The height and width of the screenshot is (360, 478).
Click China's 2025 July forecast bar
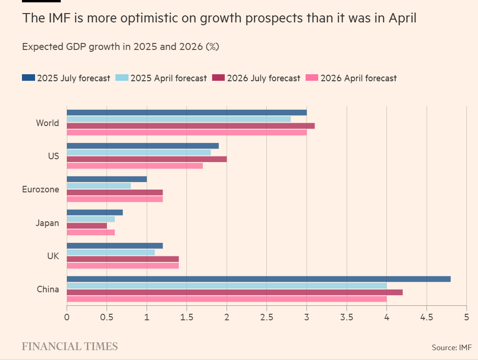click(x=258, y=279)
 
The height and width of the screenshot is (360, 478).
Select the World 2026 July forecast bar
click(x=191, y=126)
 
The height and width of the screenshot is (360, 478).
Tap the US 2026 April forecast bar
click(x=135, y=166)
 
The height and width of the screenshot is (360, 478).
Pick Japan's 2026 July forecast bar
click(x=87, y=226)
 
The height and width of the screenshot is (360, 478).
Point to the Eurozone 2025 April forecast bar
click(x=99, y=186)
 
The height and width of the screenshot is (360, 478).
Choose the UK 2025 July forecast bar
click(x=114, y=246)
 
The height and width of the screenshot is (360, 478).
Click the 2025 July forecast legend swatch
click(x=28, y=78)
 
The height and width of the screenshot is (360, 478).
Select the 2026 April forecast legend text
click(x=358, y=78)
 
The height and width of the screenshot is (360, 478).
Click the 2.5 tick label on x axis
click(x=266, y=317)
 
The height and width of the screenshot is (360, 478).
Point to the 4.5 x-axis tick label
click(x=426, y=317)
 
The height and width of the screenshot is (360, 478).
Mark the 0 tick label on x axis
click(x=67, y=317)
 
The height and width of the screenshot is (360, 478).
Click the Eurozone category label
click(x=41, y=190)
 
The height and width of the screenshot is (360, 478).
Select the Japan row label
click(x=47, y=223)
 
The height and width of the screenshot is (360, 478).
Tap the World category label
click(x=47, y=123)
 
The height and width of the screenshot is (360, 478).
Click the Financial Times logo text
click(x=70, y=346)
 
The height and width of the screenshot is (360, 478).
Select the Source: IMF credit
click(x=452, y=347)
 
